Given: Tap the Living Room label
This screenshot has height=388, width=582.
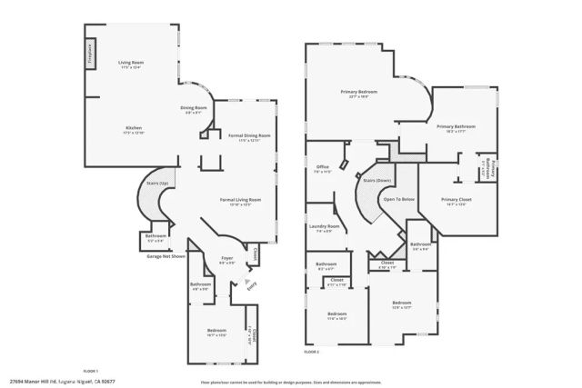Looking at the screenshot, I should point(132,63).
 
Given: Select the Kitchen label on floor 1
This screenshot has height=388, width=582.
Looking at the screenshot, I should point(133,129).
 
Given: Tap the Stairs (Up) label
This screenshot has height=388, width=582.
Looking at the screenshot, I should point(157,184).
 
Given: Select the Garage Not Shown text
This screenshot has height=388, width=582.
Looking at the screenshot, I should point(166,256).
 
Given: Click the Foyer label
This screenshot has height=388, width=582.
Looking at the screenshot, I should point(227,259).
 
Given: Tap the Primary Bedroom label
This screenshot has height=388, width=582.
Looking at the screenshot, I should point(359,92).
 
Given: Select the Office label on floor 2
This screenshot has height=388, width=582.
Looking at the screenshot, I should point(322,167).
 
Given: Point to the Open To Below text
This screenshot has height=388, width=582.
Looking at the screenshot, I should point(399,198).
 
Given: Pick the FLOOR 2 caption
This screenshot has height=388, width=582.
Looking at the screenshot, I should point(312,351).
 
